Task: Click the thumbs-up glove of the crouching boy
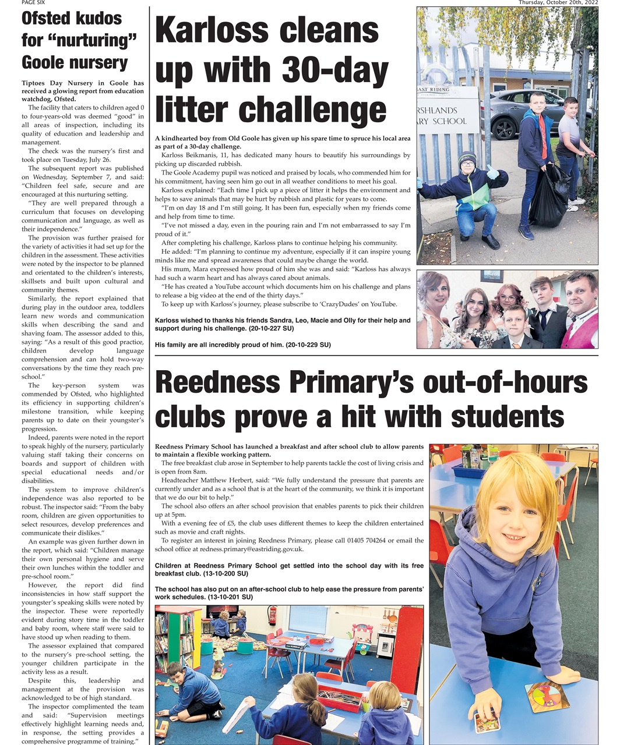click(492, 172)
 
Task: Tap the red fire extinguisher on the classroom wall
click(272, 616)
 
